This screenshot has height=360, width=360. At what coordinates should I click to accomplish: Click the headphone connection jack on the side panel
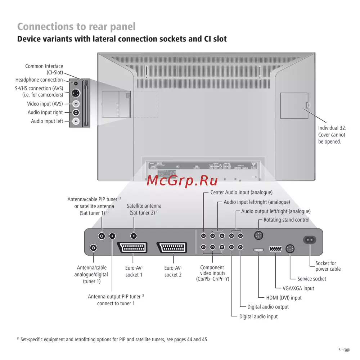76,83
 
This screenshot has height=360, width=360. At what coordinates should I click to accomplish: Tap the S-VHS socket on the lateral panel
76,93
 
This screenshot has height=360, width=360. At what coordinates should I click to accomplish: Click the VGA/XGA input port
276,249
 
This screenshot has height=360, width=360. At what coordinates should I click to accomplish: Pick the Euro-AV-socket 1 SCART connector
133,248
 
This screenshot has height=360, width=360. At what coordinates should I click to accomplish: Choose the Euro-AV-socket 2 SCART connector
173,248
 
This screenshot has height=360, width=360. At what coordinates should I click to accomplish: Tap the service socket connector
290,249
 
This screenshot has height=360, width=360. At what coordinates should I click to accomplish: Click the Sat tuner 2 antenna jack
134,236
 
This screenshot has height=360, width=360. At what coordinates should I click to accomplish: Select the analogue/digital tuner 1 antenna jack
94,248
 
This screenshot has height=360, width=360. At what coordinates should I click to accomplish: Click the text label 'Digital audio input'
258,316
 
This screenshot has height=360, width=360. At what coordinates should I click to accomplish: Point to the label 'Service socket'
312,279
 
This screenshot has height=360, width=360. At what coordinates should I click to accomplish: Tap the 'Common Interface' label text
44,66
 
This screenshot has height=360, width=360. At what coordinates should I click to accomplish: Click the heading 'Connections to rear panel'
76,27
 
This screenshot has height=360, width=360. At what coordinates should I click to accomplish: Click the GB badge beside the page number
347,350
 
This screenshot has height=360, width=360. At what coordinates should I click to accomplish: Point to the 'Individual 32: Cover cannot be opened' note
332,135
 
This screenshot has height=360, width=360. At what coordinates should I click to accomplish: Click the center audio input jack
204,236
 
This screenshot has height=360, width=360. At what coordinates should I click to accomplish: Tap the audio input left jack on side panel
76,121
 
